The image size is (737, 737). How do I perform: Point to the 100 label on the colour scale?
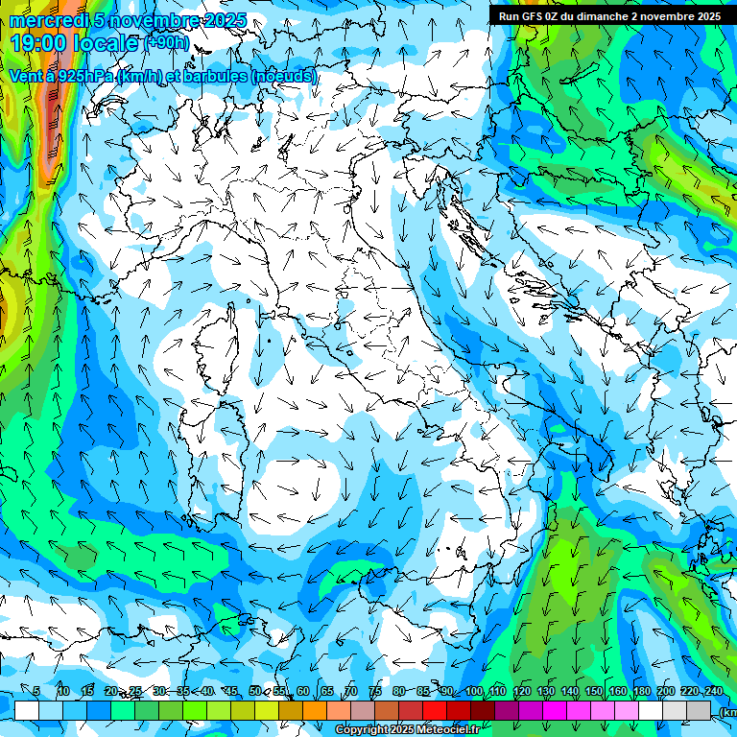(473, 692)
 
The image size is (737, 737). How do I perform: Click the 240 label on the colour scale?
(713, 692)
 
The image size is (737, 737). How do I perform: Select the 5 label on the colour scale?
(36, 692)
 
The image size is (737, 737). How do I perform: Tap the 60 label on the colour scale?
(302, 692)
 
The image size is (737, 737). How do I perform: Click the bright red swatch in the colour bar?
(435, 710)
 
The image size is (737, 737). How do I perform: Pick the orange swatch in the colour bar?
(315, 710)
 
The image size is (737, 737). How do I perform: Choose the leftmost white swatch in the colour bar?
(27, 710)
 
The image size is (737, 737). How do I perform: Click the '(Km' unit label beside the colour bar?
(726, 711)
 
